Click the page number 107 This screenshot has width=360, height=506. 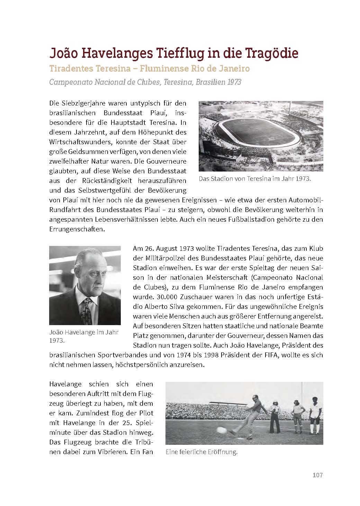click(317, 475)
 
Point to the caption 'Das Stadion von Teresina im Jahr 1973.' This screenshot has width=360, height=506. click(255, 179)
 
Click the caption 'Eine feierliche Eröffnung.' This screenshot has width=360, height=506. click(201, 452)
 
